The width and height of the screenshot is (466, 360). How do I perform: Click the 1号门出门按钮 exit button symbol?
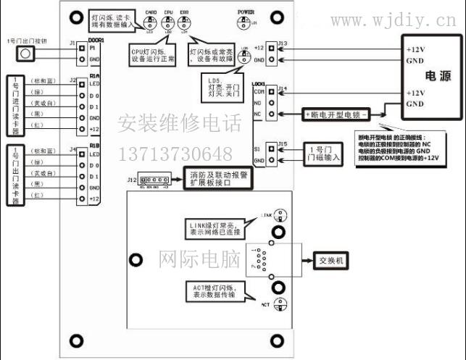(25, 54)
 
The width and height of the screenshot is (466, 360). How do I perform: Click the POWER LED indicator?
(254, 21)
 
